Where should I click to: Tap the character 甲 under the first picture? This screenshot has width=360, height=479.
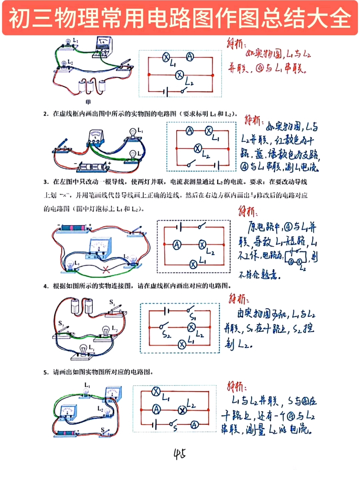tap(88, 102)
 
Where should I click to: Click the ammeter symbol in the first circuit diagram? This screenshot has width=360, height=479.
tap(190, 57)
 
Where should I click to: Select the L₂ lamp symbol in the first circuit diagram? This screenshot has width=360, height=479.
tap(180, 75)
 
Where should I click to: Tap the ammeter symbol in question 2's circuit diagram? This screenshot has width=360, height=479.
tap(189, 131)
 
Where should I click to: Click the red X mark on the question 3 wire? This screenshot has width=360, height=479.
tap(106, 270)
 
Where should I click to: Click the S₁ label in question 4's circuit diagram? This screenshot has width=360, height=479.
tap(193, 317)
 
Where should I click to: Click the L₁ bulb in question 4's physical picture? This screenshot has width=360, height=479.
tap(83, 350)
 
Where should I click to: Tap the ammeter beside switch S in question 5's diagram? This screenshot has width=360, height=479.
tap(195, 425)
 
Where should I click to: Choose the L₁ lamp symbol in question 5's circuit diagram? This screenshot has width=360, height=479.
tap(156, 392)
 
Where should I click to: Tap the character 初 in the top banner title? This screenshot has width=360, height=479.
tap(19, 18)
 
